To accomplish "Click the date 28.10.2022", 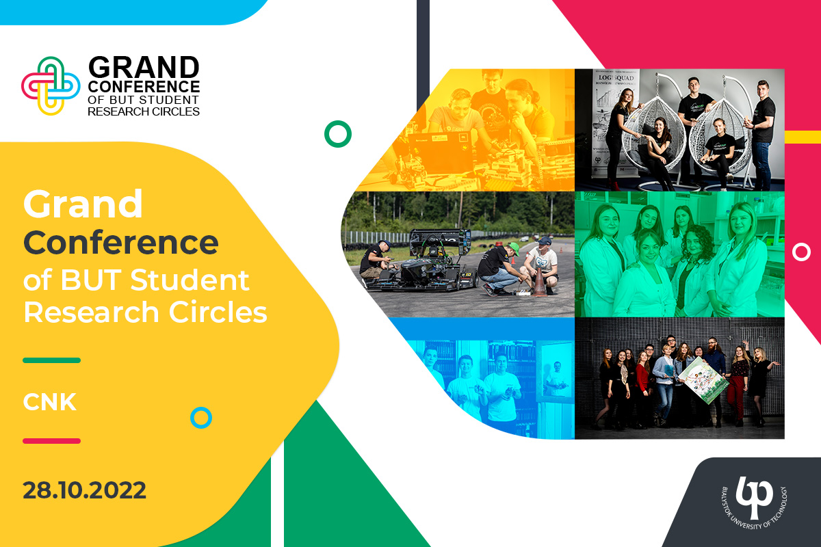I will (84, 490).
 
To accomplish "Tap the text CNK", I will (49, 402).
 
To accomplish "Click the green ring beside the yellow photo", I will (337, 134).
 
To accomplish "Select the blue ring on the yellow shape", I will (201, 417).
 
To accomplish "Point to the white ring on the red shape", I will (801, 252).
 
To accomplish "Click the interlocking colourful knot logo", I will (51, 86).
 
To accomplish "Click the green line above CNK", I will (51, 360).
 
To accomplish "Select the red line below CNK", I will (51, 441).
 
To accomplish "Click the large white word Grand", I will (83, 204).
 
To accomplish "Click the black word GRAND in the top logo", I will (144, 68).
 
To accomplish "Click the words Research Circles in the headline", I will (145, 312).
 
